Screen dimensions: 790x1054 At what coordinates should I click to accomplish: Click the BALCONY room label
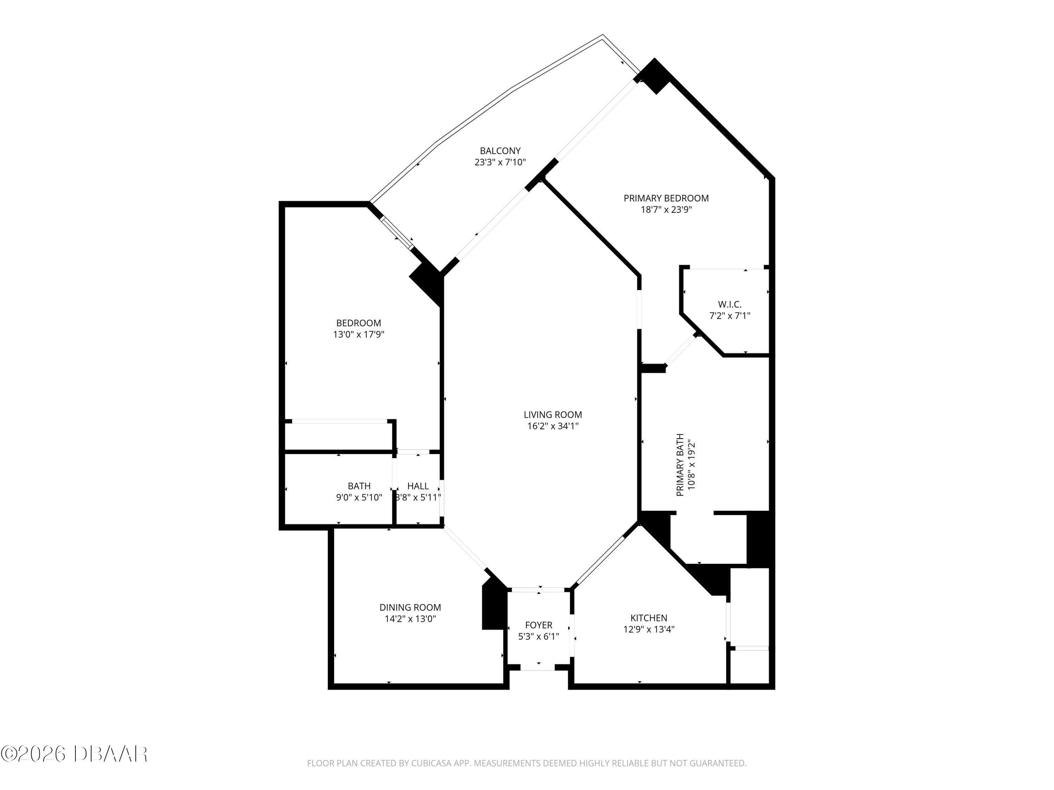click(x=500, y=151)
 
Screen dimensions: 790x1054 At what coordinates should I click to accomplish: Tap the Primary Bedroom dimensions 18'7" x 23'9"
click(x=666, y=210)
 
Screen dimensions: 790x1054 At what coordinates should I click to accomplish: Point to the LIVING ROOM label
click(x=553, y=415)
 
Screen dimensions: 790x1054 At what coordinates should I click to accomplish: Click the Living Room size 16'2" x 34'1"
click(x=553, y=426)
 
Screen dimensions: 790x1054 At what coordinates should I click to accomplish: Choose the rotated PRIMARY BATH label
click(x=680, y=465)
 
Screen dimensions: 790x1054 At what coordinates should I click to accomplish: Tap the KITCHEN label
click(x=649, y=618)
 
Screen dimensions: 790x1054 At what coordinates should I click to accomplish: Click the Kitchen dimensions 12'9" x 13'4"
click(x=649, y=630)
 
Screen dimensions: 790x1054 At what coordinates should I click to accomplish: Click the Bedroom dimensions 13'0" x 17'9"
click(x=358, y=335)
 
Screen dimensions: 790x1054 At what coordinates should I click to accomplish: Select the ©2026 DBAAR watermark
click(x=74, y=754)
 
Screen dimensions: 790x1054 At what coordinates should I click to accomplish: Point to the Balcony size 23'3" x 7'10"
click(x=500, y=162)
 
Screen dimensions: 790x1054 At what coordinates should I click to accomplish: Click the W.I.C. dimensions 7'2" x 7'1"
click(x=729, y=316)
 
